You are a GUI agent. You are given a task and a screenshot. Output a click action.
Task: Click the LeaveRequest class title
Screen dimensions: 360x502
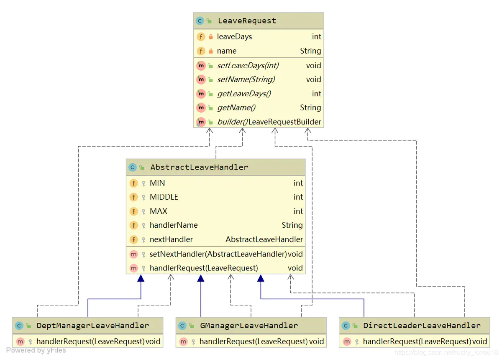coord(247,21)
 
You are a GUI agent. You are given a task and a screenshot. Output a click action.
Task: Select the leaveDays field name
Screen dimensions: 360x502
coord(234,37)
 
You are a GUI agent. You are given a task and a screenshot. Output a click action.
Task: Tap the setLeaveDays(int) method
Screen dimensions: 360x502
coord(248,65)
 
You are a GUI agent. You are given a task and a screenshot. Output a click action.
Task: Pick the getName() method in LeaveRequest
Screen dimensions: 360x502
coord(236,108)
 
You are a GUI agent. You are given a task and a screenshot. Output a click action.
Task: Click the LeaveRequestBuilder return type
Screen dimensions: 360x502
coord(285,122)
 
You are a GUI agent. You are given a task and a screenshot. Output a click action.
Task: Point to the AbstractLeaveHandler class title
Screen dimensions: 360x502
coord(199,167)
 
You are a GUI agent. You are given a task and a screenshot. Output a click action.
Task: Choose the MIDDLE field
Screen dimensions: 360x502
coord(164,197)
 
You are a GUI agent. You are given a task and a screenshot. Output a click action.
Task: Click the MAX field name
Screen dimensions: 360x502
coord(159,211)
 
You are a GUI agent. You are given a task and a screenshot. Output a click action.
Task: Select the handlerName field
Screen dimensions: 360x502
coord(174,225)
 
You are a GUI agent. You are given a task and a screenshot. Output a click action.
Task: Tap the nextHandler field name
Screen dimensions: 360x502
coord(171,239)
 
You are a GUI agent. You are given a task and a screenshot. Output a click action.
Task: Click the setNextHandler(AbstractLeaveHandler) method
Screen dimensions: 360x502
coord(218,254)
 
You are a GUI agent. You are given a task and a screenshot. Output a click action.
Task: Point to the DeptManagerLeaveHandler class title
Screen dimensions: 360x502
coord(92,325)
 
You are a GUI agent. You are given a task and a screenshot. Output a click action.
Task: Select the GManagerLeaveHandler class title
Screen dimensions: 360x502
coord(249,325)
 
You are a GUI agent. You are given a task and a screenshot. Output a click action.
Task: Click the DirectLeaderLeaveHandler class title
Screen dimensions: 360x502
coord(422,325)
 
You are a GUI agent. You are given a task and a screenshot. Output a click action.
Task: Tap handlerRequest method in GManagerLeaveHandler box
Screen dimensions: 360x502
coord(254,342)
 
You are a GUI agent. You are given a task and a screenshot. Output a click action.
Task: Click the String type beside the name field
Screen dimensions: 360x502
coord(310,51)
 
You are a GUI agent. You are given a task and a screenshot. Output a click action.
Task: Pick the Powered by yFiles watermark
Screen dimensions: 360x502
coord(36,350)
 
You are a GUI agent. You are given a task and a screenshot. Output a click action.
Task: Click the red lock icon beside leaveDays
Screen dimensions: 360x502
coord(210,37)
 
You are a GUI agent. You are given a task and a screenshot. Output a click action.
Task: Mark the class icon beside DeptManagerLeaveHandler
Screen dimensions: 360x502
coord(19,326)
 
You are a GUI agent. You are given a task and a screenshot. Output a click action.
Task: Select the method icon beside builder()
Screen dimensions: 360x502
coord(201,122)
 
